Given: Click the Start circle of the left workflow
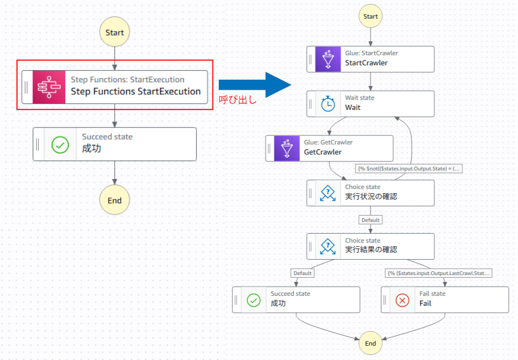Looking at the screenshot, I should [114, 32].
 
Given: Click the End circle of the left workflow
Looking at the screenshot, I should [114, 200].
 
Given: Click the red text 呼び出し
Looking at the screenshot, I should [238, 99].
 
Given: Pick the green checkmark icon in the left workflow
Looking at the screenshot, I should [60, 144].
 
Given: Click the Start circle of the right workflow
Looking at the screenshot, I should [370, 16].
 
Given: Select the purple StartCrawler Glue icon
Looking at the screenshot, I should [328, 58].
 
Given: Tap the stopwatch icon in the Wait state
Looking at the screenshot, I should [328, 104].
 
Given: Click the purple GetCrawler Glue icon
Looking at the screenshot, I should [287, 148].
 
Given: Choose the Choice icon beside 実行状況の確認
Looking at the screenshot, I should [328, 193].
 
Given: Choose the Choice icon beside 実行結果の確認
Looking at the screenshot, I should [328, 245].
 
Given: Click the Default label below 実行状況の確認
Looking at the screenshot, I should [370, 220].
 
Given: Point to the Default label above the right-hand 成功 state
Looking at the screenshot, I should [303, 273].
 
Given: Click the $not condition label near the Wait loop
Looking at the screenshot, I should [409, 169].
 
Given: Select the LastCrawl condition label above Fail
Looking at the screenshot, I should [439, 273].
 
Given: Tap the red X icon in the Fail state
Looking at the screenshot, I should [403, 300].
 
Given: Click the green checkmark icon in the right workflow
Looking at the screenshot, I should [253, 300].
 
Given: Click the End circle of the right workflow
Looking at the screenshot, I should [370, 343].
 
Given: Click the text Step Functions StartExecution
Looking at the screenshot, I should [136, 91].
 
